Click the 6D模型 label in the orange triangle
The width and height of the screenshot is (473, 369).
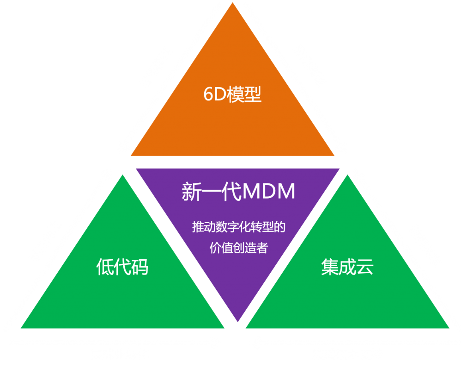232,95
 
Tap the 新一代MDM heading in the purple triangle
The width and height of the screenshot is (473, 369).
238,192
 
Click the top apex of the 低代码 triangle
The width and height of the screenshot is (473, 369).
122,175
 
